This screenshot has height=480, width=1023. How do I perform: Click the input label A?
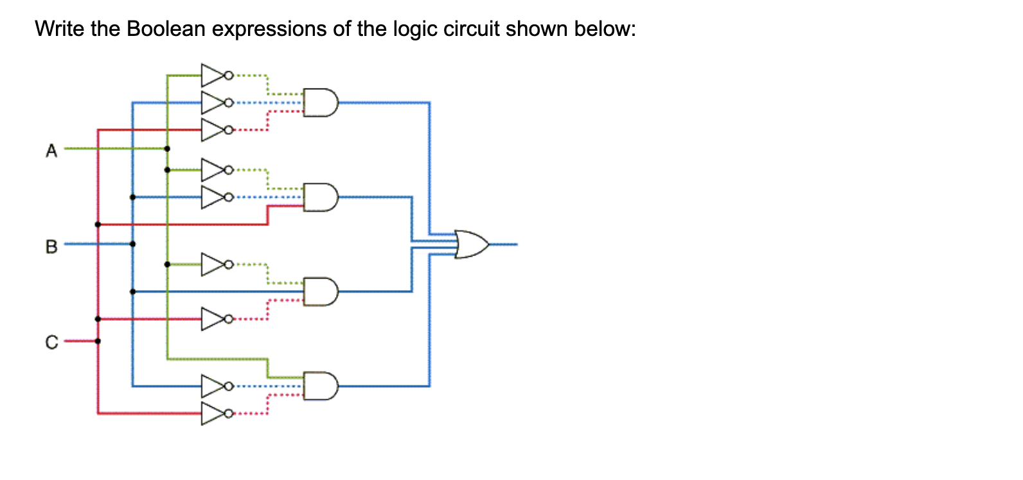click(51, 151)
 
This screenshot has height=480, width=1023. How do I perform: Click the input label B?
click(51, 246)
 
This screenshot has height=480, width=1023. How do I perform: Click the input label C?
click(51, 342)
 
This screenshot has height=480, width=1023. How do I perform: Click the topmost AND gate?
click(320, 103)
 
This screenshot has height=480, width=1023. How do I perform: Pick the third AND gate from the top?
click(320, 292)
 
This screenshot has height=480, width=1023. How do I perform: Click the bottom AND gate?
click(320, 386)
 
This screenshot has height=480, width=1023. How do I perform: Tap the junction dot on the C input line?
click(98, 341)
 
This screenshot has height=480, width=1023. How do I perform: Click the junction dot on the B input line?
click(132, 244)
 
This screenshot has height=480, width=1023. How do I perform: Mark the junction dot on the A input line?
click(167, 148)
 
